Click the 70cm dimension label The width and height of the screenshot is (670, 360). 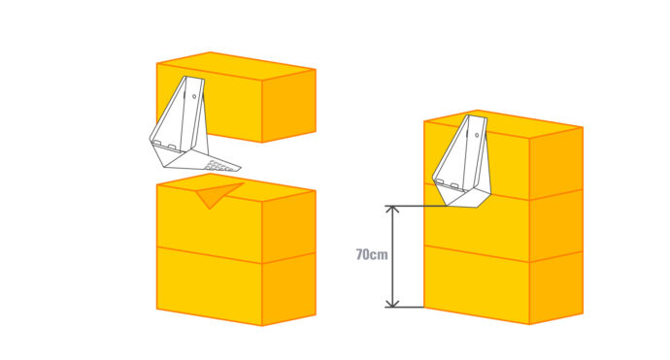[372, 254]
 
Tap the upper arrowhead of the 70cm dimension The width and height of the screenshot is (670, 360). [392, 210]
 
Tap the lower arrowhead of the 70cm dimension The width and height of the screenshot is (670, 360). [392, 303]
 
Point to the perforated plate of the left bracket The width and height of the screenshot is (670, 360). [221, 164]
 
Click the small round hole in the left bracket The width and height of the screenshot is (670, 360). [194, 96]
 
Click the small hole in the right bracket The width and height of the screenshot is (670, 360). [477, 135]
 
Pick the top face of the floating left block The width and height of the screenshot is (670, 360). [236, 66]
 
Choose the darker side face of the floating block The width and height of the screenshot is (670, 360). [288, 106]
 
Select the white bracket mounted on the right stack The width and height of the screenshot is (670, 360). [462, 161]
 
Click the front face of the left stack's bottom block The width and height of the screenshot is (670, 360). [210, 285]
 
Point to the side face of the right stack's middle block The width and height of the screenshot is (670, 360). [556, 225]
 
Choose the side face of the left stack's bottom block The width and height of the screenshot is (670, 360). [288, 289]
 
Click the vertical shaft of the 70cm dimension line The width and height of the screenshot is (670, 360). [392, 256]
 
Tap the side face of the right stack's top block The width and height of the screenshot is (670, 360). [556, 163]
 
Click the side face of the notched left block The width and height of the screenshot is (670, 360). [288, 226]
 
